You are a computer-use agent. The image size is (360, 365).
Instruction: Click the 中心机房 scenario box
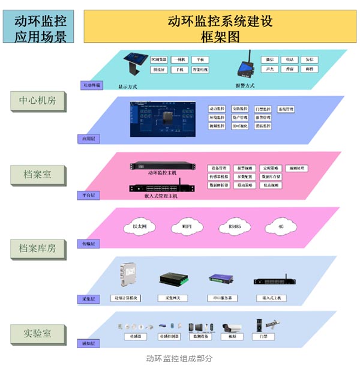pos(38,101)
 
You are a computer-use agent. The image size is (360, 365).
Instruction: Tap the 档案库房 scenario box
pos(38,248)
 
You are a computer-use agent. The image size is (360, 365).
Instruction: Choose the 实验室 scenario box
pos(38,333)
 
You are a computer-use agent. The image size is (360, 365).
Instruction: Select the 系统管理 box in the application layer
pos(286,109)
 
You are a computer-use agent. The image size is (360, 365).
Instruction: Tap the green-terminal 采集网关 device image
pos(176,279)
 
